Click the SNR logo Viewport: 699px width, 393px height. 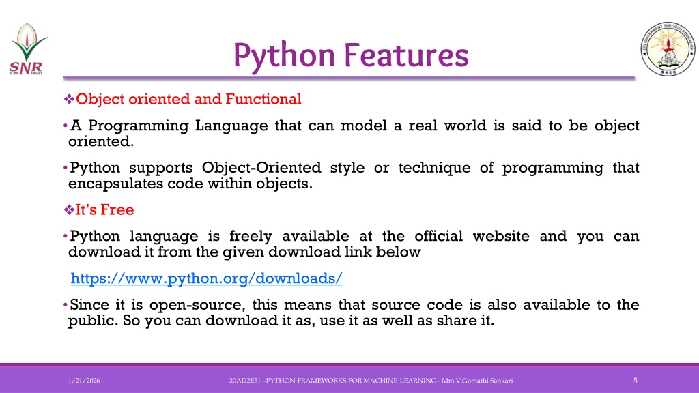(28, 49)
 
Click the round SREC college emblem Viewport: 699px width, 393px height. (668, 48)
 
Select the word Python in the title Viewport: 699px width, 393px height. (284, 56)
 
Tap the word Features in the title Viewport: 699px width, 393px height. (407, 55)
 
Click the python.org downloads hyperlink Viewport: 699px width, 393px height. (206, 278)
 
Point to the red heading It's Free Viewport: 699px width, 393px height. (104, 209)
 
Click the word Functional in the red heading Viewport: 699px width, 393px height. (263, 99)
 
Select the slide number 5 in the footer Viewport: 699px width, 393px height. (636, 381)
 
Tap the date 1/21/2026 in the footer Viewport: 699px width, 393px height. (84, 381)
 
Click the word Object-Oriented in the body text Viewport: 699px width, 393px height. (261, 168)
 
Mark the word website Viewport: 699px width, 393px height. (501, 235)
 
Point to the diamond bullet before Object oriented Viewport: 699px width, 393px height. (69, 99)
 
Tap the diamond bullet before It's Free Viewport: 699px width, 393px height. (69, 209)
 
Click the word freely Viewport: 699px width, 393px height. (251, 236)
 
